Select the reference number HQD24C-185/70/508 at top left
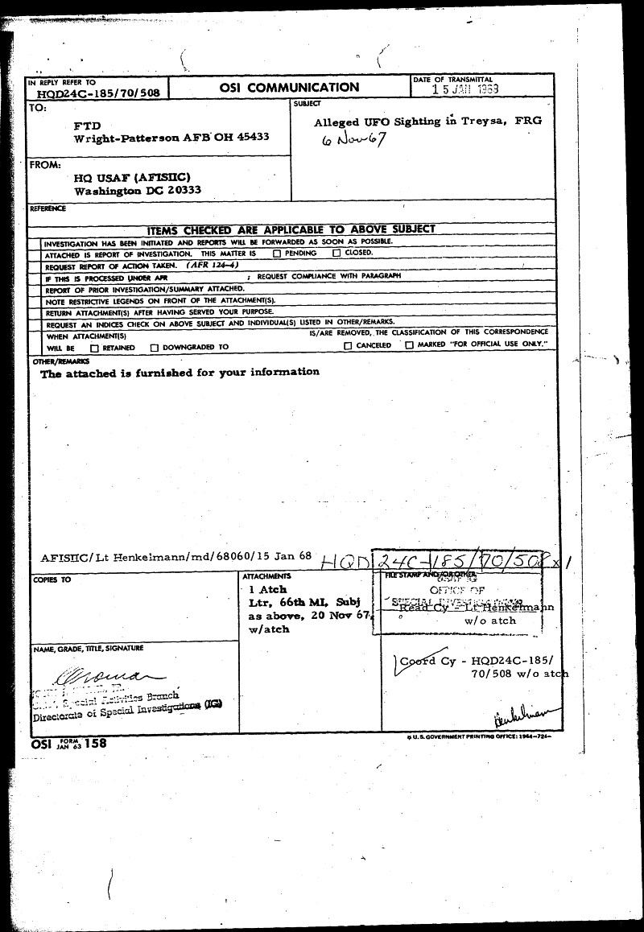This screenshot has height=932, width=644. tap(98, 93)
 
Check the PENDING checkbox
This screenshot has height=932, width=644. tap(277, 253)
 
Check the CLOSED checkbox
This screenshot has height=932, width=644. tap(336, 253)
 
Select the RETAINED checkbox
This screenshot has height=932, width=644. tap(95, 348)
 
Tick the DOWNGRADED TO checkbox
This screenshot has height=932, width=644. tap(154, 348)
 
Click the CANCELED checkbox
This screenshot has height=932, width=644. tap(348, 345)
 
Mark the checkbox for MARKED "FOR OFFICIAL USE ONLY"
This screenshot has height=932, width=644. tap(409, 345)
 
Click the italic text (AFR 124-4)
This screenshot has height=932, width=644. tap(211, 264)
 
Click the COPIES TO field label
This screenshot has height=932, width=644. tap(52, 579)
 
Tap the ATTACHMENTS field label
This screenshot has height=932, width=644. tap(266, 577)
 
